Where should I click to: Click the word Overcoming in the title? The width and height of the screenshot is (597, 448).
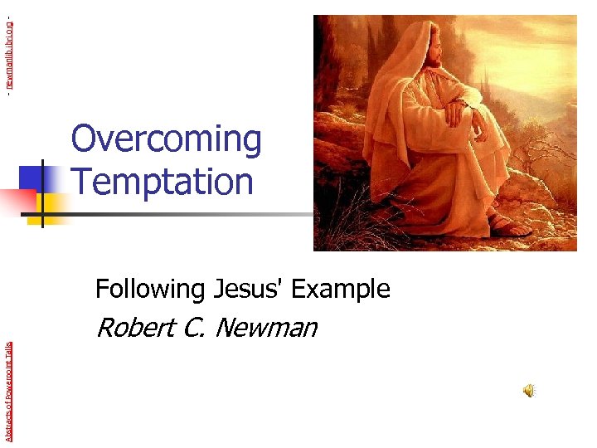(166, 139)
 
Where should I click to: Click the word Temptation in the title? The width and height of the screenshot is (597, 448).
(162, 181)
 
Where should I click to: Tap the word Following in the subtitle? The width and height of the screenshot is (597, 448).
(149, 289)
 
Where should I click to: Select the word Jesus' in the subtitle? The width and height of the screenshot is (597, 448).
(246, 289)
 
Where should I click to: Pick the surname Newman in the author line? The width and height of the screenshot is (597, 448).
(265, 328)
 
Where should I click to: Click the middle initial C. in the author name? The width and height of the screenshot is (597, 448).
(192, 328)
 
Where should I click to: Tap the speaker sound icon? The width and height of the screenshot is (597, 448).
(528, 391)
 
